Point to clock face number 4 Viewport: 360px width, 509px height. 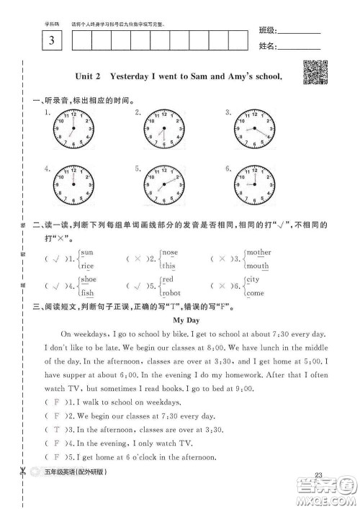(73, 185)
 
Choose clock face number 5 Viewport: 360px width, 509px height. (163, 185)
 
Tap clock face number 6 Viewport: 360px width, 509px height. (253, 185)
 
